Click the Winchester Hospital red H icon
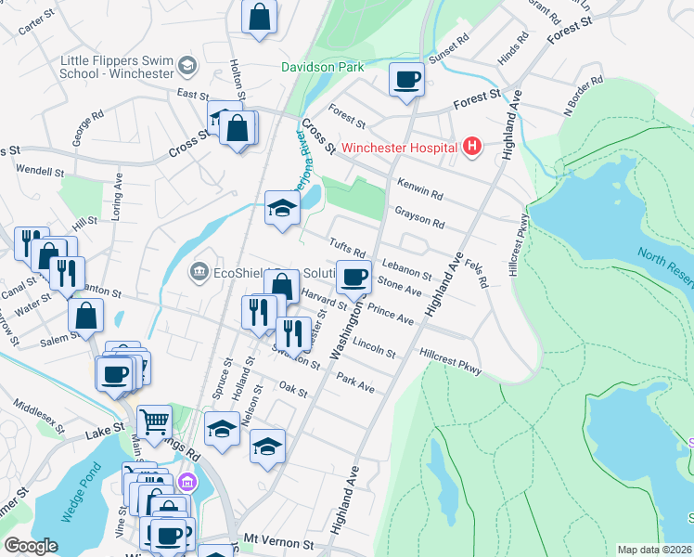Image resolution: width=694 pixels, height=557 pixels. [x=473, y=147]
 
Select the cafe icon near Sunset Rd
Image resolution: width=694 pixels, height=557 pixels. [x=405, y=80]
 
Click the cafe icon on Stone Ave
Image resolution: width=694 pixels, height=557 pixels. [x=353, y=277]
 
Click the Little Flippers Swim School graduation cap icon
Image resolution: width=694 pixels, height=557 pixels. [x=188, y=65]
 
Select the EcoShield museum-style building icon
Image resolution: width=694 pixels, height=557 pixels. [x=198, y=272]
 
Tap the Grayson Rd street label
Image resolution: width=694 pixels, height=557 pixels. [x=419, y=218]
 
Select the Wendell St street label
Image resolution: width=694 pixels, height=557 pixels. [x=39, y=172]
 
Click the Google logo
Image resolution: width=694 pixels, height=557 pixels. [x=31, y=546]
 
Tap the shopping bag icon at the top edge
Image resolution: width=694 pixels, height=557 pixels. [x=260, y=17]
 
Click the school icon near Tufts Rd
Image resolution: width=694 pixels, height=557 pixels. [x=281, y=208]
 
